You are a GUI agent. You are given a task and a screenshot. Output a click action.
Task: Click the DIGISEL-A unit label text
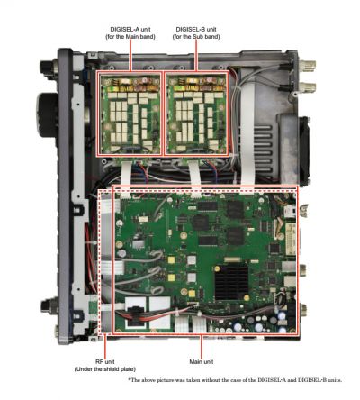pos(130,30)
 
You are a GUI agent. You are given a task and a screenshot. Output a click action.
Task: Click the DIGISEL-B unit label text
pos(196,30)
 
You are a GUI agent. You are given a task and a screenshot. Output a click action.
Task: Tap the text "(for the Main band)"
pos(130,37)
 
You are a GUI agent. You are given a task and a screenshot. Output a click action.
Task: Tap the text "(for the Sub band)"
pos(196,37)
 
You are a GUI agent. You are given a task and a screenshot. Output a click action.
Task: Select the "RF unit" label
pos(105,362)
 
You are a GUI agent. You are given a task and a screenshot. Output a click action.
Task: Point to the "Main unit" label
pos(202,362)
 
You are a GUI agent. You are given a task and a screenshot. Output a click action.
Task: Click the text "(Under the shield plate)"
pos(105,369)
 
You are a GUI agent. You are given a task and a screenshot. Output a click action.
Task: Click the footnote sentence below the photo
pos(235,380)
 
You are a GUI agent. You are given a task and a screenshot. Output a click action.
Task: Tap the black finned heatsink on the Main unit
pos(231,282)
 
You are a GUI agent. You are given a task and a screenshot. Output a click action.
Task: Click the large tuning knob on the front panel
pos(47,115)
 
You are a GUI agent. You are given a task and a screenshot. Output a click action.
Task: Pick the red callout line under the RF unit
pos(105,345)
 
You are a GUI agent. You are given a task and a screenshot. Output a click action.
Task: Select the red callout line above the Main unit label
pos(202,346)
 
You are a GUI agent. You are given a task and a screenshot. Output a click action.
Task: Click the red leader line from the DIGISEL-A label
pos(130,56)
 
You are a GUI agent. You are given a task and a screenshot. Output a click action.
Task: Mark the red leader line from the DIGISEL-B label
pos(196,56)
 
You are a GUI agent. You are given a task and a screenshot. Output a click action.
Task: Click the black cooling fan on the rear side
pos(303,150)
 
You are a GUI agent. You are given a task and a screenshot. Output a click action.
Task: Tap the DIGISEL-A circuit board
pos(130,114)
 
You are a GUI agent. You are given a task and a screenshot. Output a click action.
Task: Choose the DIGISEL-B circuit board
pos(196,114)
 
